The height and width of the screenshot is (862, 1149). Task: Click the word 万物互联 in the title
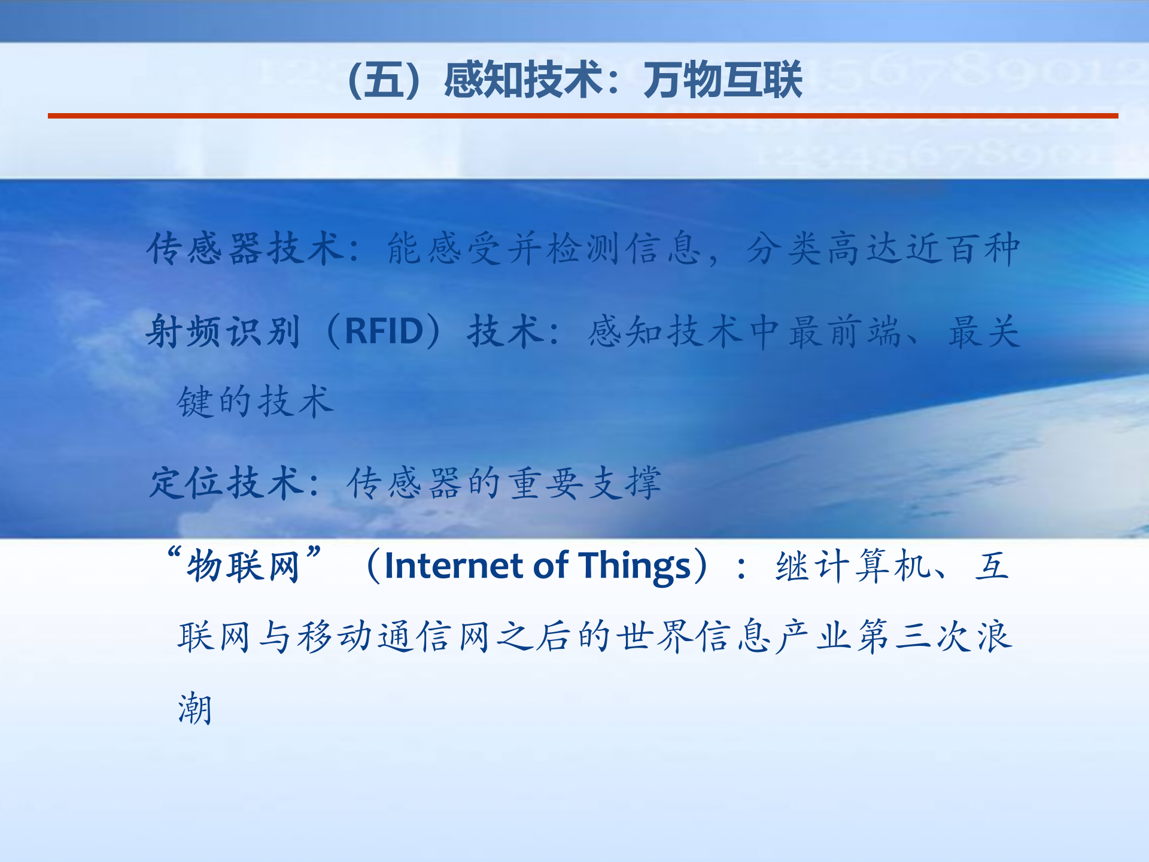click(722, 80)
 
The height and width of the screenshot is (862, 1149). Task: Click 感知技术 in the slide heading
click(522, 80)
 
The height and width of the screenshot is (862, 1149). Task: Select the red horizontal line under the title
click(582, 116)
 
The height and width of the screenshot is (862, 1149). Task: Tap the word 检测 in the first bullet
click(583, 248)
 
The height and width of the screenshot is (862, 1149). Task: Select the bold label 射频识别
click(223, 331)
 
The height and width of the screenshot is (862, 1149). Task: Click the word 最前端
click(844, 331)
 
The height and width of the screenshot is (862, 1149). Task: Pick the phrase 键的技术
click(255, 401)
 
